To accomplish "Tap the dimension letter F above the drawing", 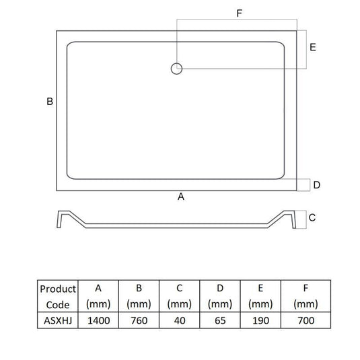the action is (x=240, y=13).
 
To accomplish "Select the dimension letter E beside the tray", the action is (x=313, y=47).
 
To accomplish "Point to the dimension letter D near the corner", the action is (x=317, y=185).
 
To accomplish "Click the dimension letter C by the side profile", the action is (x=312, y=217).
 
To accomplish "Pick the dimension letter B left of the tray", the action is (x=50, y=102).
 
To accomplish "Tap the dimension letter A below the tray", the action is (x=181, y=196).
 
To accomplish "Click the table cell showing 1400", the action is (x=98, y=320).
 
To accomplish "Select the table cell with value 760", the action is (x=139, y=320).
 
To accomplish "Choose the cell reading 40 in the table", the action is (x=180, y=320).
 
